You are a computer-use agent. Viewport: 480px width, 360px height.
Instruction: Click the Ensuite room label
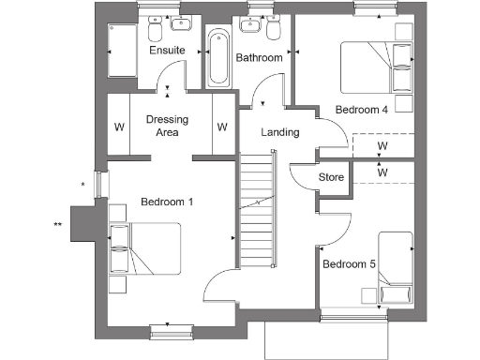click(167, 50)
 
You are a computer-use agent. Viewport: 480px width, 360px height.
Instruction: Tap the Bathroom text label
click(259, 58)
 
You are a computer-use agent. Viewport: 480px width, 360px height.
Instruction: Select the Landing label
click(280, 132)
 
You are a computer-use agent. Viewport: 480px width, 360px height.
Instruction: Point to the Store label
click(332, 177)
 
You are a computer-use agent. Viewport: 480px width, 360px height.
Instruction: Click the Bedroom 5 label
click(349, 265)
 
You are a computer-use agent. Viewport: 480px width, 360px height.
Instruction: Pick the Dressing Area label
click(167, 126)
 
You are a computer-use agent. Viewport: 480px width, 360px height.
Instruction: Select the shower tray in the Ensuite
click(124, 49)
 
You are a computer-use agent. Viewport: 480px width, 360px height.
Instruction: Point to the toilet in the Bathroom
click(273, 29)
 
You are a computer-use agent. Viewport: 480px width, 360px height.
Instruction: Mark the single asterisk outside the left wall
click(83, 185)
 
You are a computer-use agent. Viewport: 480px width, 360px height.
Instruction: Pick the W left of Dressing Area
click(118, 127)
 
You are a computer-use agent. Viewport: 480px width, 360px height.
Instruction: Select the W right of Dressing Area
click(222, 127)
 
